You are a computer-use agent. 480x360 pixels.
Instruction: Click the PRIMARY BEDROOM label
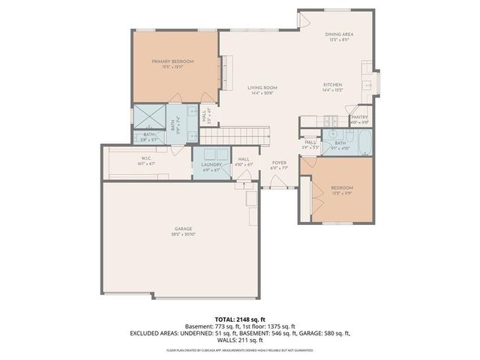pos(172,61)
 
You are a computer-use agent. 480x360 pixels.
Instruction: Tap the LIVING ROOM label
pos(262,88)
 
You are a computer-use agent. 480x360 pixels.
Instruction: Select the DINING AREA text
pos(339,34)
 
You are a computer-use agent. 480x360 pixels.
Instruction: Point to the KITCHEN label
pos(333,84)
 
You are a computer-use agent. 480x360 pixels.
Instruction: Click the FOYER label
pos(279,163)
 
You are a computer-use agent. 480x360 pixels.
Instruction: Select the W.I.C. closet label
pos(141,157)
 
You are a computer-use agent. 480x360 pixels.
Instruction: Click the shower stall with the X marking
pos(147,116)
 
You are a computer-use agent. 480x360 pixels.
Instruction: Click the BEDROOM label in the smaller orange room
pos(341,187)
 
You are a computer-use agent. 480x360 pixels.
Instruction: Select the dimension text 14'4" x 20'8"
pos(262,94)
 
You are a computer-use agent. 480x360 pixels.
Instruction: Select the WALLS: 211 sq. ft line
pos(239,340)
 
